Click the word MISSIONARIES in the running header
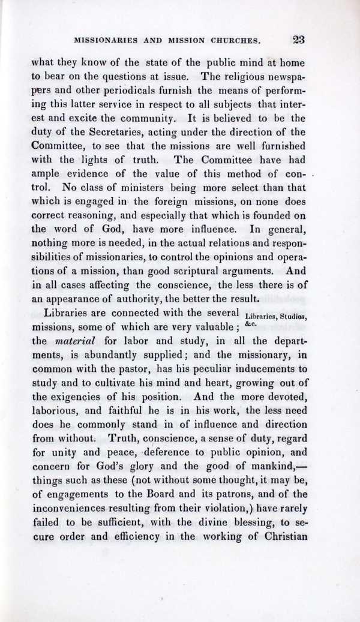tap(107, 42)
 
